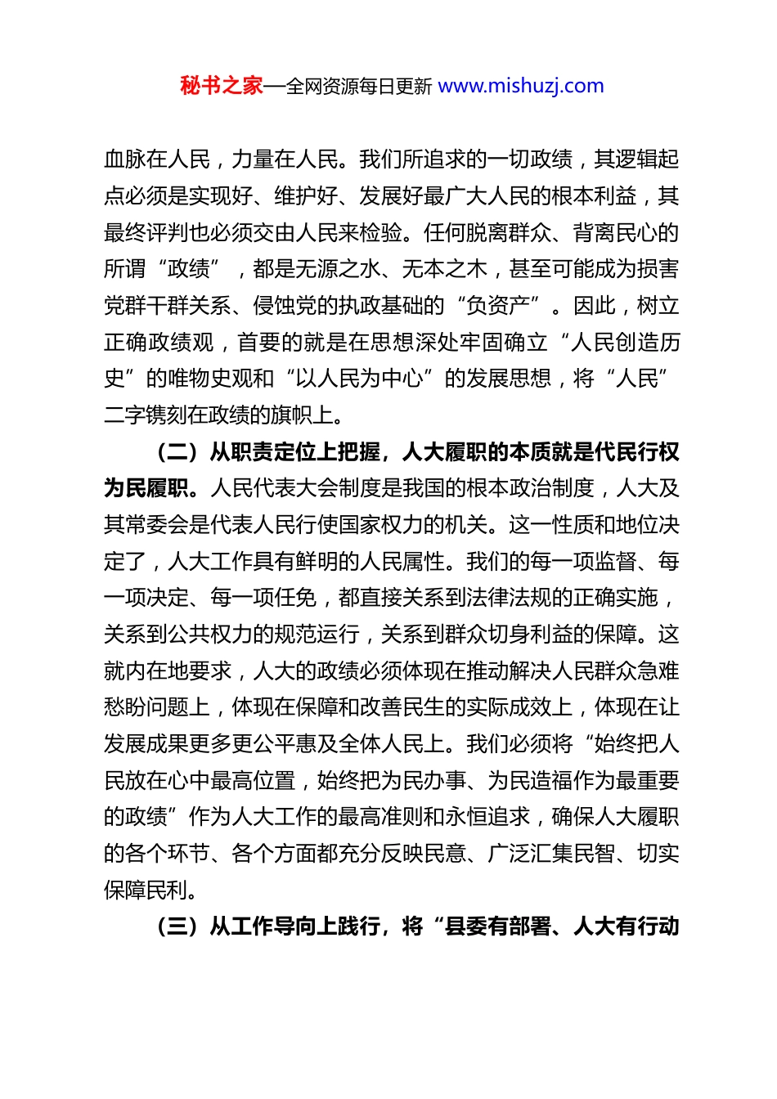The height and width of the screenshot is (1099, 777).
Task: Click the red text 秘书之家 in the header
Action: click(x=222, y=86)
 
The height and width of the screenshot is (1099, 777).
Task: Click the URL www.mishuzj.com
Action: click(x=521, y=86)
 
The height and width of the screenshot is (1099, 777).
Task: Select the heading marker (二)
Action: click(x=178, y=452)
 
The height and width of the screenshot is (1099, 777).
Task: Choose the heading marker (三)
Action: click(x=178, y=926)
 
